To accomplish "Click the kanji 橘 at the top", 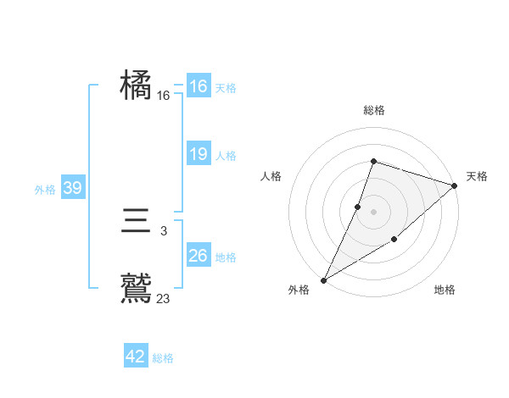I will click(136, 86).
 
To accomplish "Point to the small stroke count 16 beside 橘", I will click(163, 97).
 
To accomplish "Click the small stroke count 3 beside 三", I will click(163, 230).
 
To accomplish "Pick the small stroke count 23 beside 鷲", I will click(164, 297).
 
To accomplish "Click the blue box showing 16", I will click(199, 86).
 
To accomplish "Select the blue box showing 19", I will click(199, 154).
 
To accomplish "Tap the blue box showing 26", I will click(199, 256).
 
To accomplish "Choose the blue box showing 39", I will click(73, 188).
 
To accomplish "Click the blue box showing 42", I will click(136, 357).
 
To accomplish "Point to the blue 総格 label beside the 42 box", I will click(164, 358).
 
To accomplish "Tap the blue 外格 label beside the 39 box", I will click(45, 190).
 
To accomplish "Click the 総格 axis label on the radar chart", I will click(373, 111).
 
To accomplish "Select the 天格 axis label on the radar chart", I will click(477, 176).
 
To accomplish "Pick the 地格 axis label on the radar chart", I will click(445, 290).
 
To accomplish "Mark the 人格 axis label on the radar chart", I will click(271, 176).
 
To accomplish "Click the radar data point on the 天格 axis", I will click(455, 185).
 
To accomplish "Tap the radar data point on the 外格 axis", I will click(323, 279).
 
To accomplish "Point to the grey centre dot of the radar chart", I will click(373, 212).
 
